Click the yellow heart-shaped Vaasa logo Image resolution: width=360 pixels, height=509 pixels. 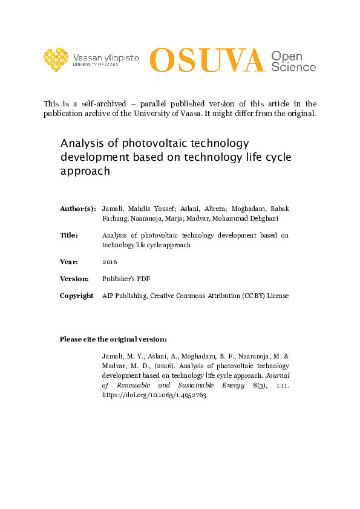tap(56, 59)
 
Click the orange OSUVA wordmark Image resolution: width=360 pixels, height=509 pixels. tap(207, 60)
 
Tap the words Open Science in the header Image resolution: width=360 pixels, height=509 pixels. tap(293, 61)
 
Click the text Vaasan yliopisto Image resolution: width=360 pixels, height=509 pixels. tap(105, 57)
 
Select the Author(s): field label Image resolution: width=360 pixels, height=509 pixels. tap(77, 209)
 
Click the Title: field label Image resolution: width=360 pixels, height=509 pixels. tap(69, 235)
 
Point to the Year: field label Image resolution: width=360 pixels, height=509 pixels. tap(68, 262)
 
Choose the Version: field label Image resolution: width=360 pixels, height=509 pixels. tap(74, 279)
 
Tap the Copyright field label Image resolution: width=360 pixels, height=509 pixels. tap(76, 296)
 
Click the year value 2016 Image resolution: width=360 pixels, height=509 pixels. tap(110, 262)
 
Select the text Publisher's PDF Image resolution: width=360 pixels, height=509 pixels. tap(126, 279)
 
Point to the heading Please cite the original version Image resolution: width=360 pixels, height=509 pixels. tap(113, 339)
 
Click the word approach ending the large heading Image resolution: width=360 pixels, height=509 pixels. tap(85, 170)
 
